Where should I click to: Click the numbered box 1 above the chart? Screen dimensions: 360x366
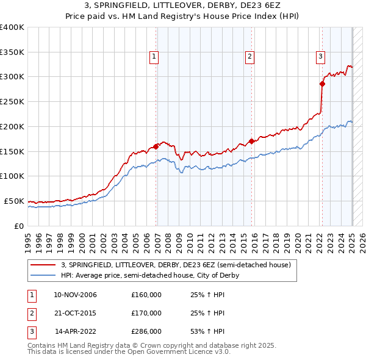point(154,57)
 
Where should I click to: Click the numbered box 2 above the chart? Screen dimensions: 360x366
point(250,57)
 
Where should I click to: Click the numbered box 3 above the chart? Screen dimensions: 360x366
point(320,57)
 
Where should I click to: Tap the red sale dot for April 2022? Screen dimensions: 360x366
point(322,84)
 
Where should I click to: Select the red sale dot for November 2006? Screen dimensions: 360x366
point(156,146)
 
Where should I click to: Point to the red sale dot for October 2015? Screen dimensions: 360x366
point(251,141)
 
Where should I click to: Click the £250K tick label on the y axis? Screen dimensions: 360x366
point(12,102)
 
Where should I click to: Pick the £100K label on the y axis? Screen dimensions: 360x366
point(12,176)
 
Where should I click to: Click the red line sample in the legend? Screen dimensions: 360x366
point(43,265)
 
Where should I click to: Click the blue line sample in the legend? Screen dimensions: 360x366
point(43,275)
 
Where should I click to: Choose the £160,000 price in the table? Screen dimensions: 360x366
point(146,295)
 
